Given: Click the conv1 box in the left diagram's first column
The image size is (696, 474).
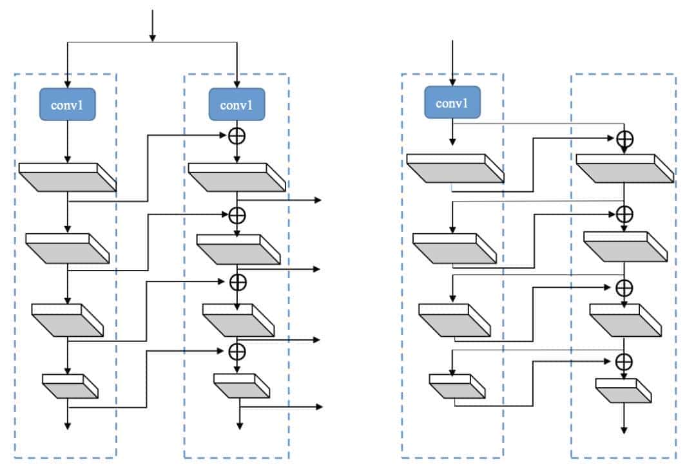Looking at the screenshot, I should click(x=67, y=104).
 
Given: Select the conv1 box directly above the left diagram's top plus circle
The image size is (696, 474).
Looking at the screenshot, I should click(x=238, y=104).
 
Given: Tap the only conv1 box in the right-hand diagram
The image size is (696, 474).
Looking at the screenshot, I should click(x=452, y=103).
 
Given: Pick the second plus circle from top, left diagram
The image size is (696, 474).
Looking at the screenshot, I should click(x=238, y=213).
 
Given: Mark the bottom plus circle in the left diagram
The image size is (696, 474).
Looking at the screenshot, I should click(x=238, y=350).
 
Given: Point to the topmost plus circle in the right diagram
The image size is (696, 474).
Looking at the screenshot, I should click(x=624, y=138).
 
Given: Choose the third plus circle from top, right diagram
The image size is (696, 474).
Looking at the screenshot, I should click(x=624, y=287).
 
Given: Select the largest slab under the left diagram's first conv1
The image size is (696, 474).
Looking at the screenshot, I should click(x=67, y=177).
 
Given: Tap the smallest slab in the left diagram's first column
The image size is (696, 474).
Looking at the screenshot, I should click(x=70, y=385).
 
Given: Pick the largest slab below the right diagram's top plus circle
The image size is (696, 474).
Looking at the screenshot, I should click(x=624, y=168).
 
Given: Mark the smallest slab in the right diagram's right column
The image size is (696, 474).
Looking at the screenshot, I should click(x=624, y=391).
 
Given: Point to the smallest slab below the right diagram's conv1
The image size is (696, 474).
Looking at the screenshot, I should click(x=456, y=386).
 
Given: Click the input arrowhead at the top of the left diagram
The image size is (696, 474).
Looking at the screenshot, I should click(x=152, y=37).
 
